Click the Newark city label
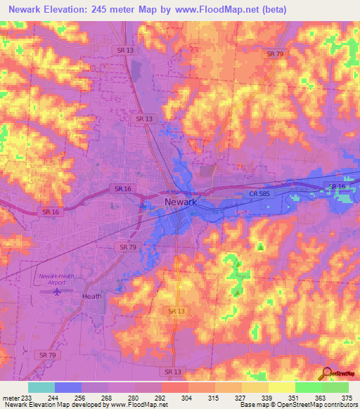coord(181,202)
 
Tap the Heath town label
coord(91,296)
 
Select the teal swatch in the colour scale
coord(41,387)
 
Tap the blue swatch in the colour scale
coord(68,387)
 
